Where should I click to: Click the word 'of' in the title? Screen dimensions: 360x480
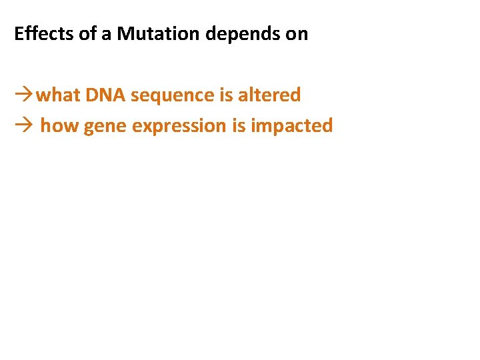88,34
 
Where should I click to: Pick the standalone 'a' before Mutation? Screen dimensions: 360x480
107,35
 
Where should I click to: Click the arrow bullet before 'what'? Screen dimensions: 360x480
24,95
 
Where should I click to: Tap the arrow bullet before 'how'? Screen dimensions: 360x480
24,125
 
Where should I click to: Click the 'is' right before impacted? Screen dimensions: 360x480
239,125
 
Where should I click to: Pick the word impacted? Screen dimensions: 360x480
291,126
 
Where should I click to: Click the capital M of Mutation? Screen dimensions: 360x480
125,34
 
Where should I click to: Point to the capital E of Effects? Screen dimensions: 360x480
19,34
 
